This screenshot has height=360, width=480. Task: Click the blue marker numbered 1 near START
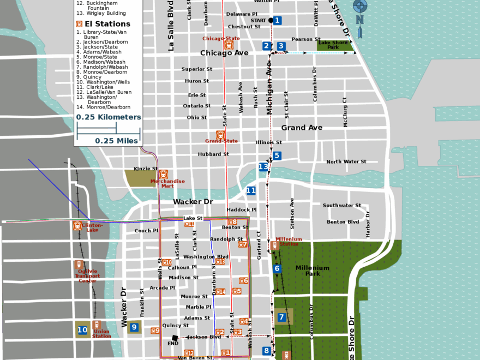click(277, 21)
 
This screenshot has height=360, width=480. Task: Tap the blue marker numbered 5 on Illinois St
click(277, 156)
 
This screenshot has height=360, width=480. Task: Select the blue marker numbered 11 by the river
click(251, 191)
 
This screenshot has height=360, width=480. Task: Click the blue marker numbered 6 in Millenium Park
click(277, 268)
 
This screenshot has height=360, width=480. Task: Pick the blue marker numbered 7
click(281, 317)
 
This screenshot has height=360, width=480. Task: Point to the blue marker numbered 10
click(82, 330)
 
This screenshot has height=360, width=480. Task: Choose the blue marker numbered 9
click(134, 328)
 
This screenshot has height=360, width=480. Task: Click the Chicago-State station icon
click(228, 45)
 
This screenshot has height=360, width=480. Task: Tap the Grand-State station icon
click(220, 135)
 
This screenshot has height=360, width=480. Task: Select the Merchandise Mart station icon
click(163, 175)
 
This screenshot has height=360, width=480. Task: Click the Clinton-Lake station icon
click(77, 225)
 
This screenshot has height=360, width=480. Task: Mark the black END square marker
click(175, 338)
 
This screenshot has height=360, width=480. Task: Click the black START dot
click(271, 21)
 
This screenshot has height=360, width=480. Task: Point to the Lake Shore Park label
click(333, 45)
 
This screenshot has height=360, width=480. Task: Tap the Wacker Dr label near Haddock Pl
click(193, 202)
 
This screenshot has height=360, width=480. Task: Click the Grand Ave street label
click(302, 128)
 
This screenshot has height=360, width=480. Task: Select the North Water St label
click(346, 162)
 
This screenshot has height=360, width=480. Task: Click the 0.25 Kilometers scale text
click(108, 117)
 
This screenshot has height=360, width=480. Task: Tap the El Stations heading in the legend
click(107, 24)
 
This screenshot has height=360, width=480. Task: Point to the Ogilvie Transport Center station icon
click(80, 265)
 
